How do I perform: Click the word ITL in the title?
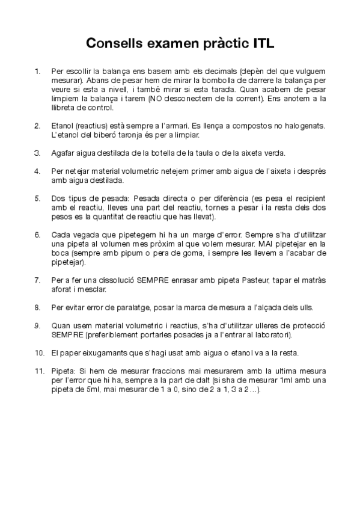[x=260, y=43]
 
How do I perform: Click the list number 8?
[x=37, y=307]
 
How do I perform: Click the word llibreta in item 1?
[x=63, y=108]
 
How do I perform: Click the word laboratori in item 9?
[x=273, y=334]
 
